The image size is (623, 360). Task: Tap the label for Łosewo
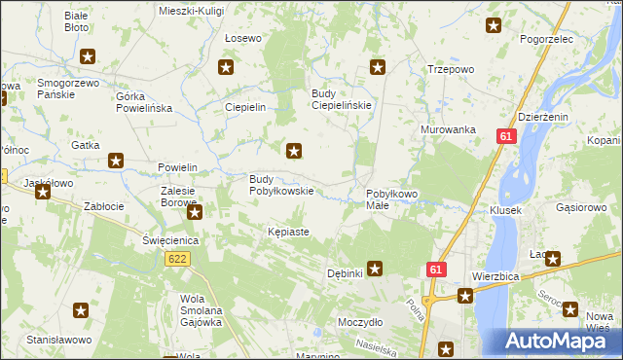pyautogui.click(x=243, y=39)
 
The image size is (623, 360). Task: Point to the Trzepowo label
pyautogui.click(x=451, y=69)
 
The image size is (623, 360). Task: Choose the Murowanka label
pyautogui.click(x=448, y=129)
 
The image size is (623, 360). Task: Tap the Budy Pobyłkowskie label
pyautogui.click(x=281, y=185)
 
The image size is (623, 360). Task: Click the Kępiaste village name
pyautogui.click(x=288, y=233)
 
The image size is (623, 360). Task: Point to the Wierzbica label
pyautogui.click(x=495, y=276)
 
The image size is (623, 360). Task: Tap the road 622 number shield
pyautogui.click(x=177, y=259)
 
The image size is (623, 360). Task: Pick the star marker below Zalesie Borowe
pyautogui.click(x=195, y=212)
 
